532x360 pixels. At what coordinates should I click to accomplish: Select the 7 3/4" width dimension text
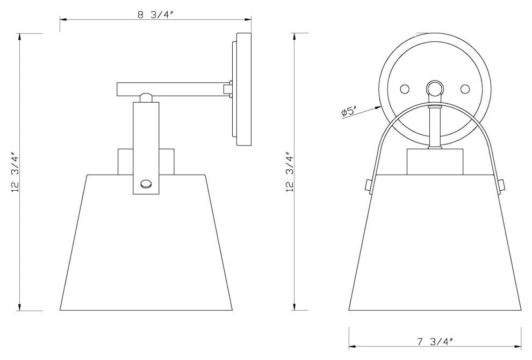435,341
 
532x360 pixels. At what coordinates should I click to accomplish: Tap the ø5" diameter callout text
350,112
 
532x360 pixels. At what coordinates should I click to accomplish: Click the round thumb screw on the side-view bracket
146,184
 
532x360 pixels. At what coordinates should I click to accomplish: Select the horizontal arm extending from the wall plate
172,89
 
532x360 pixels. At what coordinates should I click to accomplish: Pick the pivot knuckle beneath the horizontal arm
145,98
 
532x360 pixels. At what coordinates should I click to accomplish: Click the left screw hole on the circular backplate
405,88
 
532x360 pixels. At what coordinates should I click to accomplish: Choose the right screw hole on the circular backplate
465,88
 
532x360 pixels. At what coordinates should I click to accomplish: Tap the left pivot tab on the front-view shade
368,185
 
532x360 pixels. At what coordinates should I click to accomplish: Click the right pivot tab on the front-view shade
502,185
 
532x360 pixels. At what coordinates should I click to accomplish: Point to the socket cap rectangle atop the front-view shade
435,162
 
